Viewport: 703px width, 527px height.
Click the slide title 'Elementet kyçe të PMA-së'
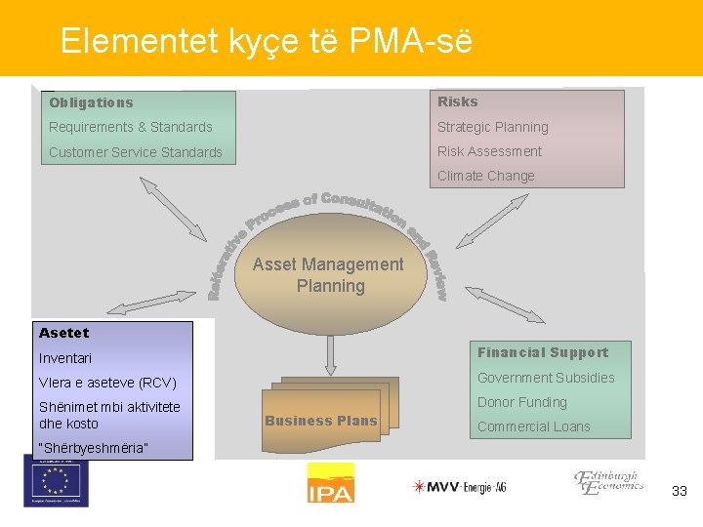(266, 41)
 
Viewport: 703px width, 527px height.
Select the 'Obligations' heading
(91, 102)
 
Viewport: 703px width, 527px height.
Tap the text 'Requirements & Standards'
(130, 127)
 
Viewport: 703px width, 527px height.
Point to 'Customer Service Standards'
(135, 152)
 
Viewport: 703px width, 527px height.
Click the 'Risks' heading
(457, 101)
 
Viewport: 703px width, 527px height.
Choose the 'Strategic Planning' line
(492, 127)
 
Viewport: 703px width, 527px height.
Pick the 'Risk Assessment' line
(489, 151)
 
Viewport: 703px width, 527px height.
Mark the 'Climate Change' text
(485, 176)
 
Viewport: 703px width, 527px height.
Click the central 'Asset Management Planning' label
(328, 274)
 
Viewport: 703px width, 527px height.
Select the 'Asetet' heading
(63, 333)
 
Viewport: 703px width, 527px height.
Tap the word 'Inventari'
(64, 358)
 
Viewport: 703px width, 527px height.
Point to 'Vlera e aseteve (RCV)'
(106, 383)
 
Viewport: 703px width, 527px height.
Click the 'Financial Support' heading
(542, 352)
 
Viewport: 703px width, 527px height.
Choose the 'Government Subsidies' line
(545, 378)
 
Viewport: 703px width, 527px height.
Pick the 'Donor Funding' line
(521, 402)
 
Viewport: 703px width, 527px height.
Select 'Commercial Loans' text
(533, 426)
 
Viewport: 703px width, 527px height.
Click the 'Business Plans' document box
(320, 421)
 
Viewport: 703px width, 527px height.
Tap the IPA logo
(330, 483)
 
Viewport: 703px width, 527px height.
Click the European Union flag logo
(56, 481)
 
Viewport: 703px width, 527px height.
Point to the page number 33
(680, 491)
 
